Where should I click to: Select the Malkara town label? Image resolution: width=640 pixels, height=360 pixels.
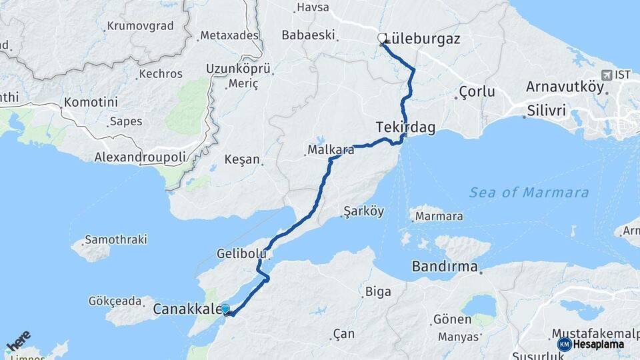click(x=331, y=150)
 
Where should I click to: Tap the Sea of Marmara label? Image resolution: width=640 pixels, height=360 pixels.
click(x=529, y=193)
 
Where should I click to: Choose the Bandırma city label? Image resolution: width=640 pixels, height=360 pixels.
click(x=445, y=267)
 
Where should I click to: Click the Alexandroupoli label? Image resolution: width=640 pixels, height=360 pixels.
click(x=140, y=157)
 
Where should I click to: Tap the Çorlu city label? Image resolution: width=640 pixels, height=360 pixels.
click(x=477, y=91)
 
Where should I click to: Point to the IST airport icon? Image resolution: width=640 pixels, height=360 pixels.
click(x=607, y=75)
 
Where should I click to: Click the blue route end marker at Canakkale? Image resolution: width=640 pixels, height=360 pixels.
click(x=225, y=309)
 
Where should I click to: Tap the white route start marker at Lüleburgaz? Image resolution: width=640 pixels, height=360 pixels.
click(x=382, y=38)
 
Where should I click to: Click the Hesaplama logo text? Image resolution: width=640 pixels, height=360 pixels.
click(x=598, y=345)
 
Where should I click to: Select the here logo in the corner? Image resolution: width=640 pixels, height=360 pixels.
click(x=18, y=341)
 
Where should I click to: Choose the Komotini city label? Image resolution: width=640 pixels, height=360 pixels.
click(x=91, y=103)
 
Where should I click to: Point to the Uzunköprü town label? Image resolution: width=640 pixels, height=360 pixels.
click(x=238, y=69)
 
